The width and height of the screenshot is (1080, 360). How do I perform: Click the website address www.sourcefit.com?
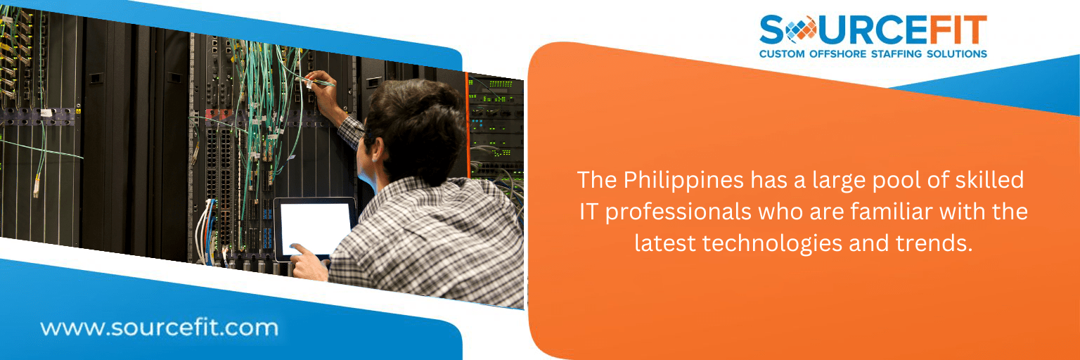point(159,328)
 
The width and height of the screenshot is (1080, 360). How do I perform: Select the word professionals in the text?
point(679,212)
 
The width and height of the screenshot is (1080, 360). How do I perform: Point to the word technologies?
point(772,244)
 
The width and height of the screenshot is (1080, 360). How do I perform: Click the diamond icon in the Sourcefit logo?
point(801,30)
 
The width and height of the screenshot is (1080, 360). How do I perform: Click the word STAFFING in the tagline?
point(896,54)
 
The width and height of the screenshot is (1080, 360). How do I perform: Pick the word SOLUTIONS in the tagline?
point(956,54)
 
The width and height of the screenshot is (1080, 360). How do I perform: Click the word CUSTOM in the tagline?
point(782,54)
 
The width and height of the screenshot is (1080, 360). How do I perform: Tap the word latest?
point(664,243)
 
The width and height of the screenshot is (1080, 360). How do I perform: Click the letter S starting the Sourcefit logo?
point(773,30)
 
